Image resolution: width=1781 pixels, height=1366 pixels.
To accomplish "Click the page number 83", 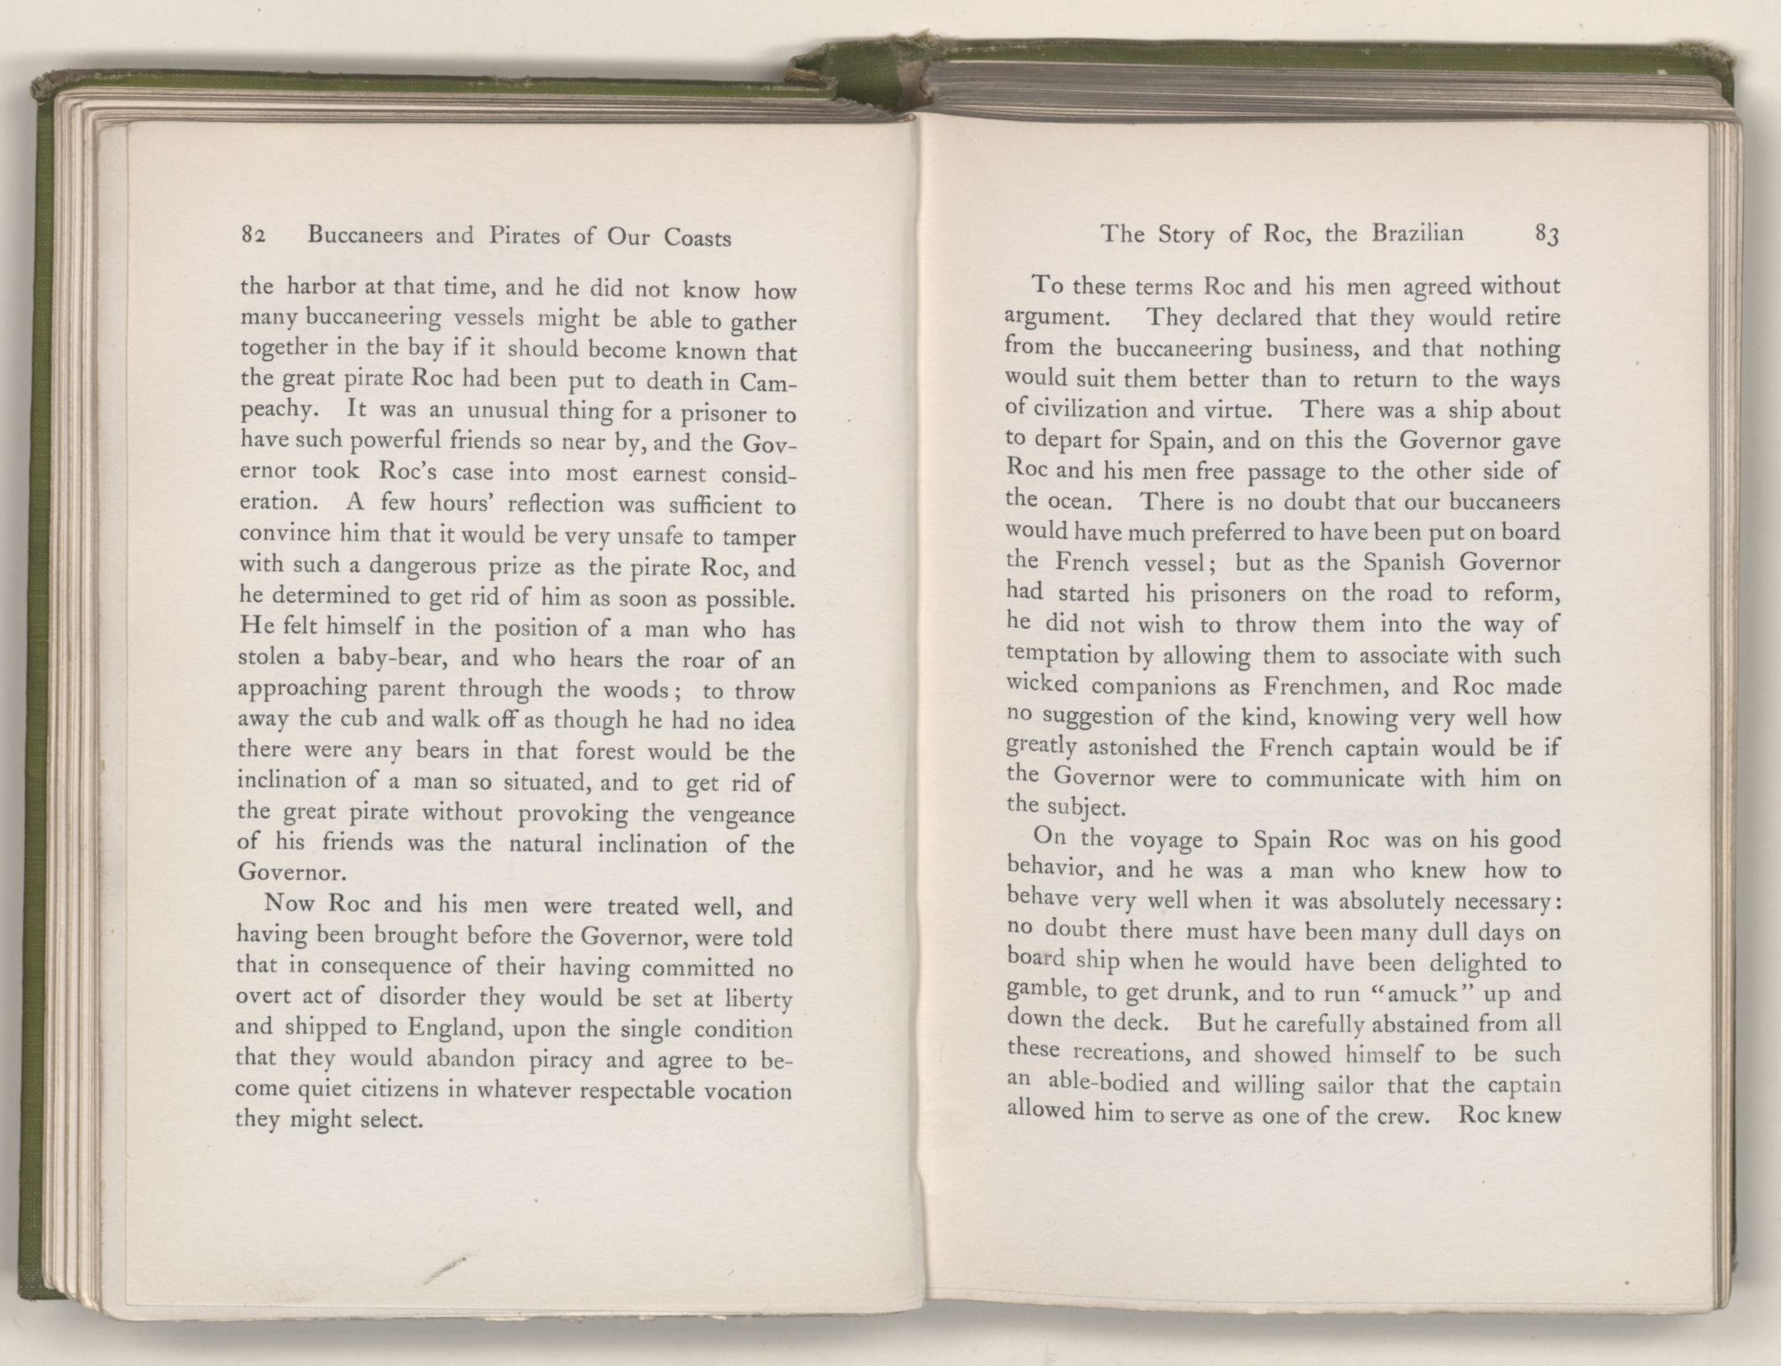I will [1546, 235].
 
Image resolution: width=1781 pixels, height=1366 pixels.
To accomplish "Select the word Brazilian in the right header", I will [1419, 234].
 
